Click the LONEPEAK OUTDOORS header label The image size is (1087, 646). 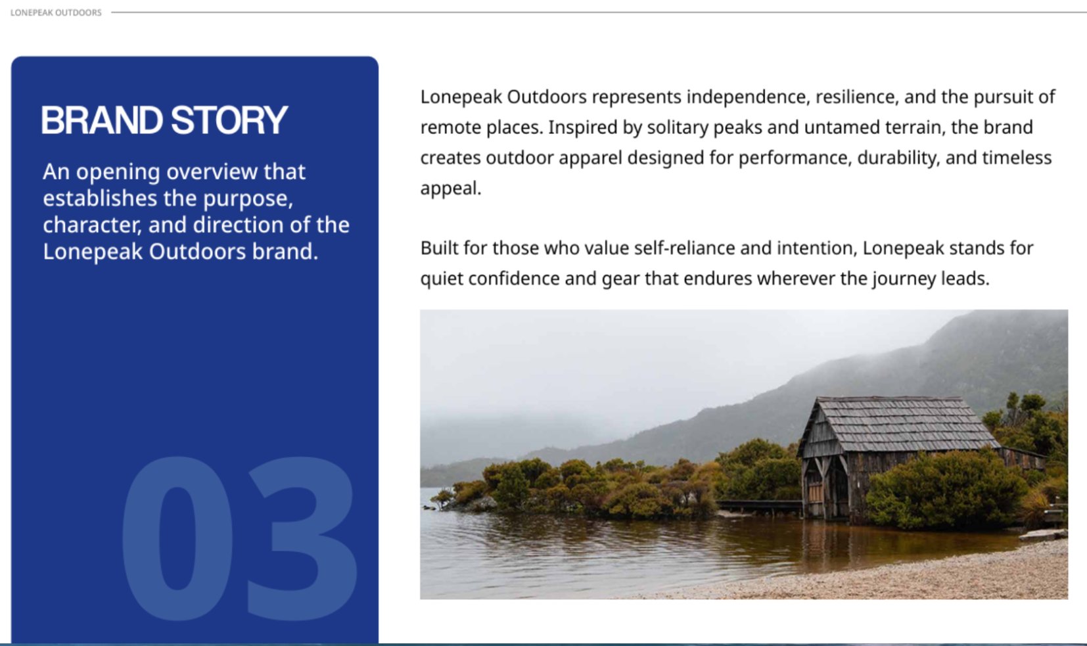point(56,12)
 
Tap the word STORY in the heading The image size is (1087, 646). point(229,120)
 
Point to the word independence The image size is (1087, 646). point(748,97)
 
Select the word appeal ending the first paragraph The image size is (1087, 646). point(450,189)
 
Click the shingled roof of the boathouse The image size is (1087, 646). point(900,423)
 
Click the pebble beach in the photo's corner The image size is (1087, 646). point(922,578)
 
